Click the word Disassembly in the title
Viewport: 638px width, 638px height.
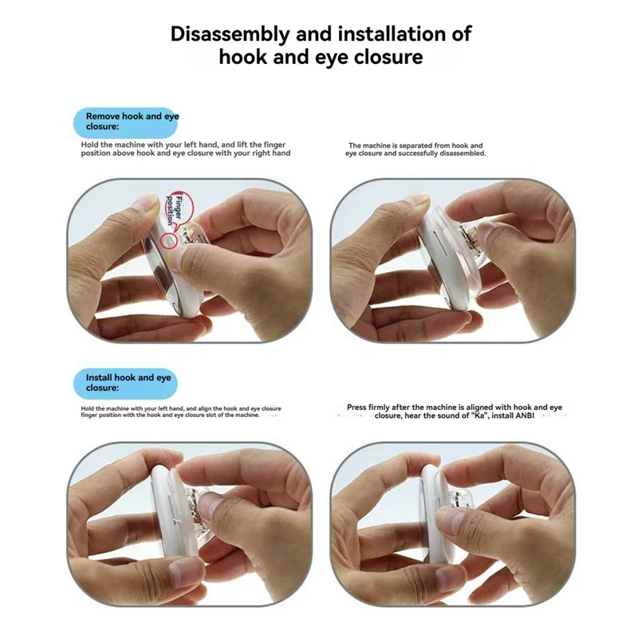(x=230, y=33)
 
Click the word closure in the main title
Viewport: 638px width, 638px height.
(x=388, y=57)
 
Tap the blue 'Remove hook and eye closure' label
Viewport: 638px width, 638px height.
(x=126, y=122)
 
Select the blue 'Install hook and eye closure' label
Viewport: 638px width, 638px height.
(x=126, y=384)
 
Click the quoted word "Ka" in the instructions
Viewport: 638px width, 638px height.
(x=482, y=415)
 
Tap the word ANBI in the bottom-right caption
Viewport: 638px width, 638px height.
(x=525, y=415)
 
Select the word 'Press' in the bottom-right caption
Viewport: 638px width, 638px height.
(x=356, y=408)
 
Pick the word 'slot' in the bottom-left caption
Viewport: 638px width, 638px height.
(x=215, y=415)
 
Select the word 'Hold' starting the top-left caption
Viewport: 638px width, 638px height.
(x=89, y=145)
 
